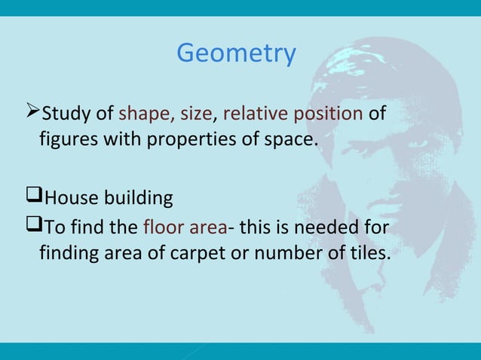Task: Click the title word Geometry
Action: [x=236, y=54]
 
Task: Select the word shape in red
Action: [x=145, y=114]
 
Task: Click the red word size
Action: [x=196, y=114]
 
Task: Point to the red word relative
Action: [x=254, y=114]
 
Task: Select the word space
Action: [x=286, y=139]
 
